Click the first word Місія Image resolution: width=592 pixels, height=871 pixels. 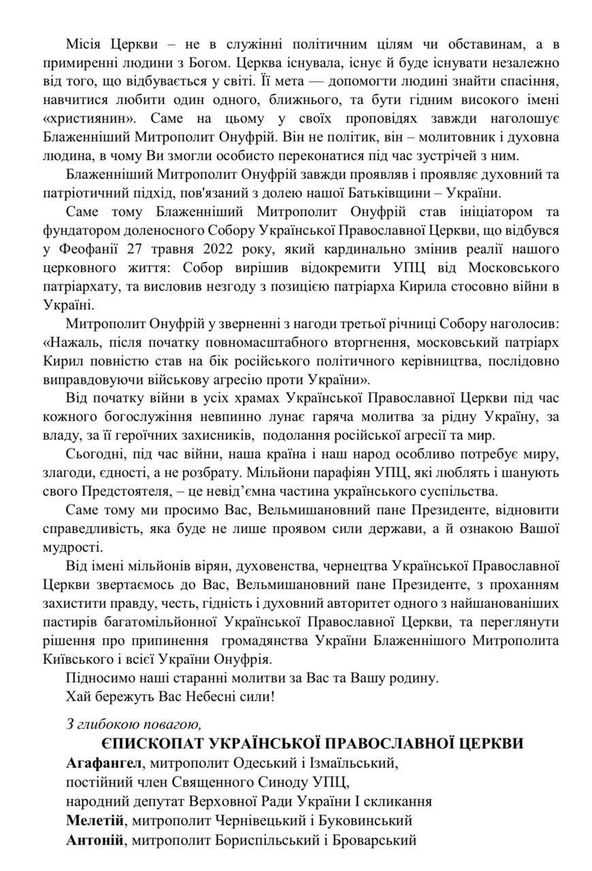[x=85, y=44]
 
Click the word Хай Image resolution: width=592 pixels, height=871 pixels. [x=77, y=696]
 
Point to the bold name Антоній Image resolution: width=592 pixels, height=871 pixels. [x=95, y=840]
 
